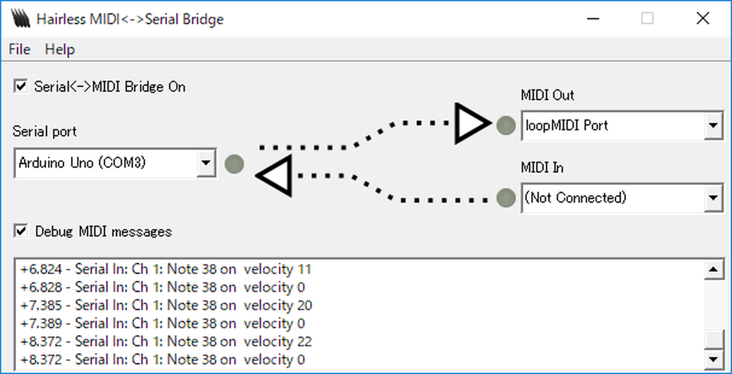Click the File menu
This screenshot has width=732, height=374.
click(x=20, y=49)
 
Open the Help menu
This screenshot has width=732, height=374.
click(x=60, y=49)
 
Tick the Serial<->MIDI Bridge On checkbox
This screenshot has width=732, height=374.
click(x=20, y=87)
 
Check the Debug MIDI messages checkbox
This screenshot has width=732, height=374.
click(x=20, y=231)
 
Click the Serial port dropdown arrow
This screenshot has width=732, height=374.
click(x=206, y=163)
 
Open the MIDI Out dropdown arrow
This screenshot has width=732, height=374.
click(x=713, y=126)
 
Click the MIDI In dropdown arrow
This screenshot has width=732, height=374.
click(x=713, y=198)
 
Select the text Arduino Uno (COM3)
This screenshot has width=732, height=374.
click(x=82, y=163)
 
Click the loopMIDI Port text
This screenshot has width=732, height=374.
click(x=566, y=126)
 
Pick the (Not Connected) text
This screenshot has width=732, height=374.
click(x=575, y=198)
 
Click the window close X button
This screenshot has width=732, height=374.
click(x=703, y=19)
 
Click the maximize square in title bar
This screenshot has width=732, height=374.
click(x=647, y=19)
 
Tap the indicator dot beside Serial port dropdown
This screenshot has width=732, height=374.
click(x=234, y=164)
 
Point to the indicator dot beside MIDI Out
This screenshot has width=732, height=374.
click(x=506, y=125)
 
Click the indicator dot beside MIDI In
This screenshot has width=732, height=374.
click(x=506, y=198)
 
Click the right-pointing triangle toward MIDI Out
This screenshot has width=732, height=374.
click(x=470, y=123)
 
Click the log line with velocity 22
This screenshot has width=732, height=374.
click(x=166, y=342)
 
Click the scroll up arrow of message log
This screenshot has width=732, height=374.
click(x=714, y=269)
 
